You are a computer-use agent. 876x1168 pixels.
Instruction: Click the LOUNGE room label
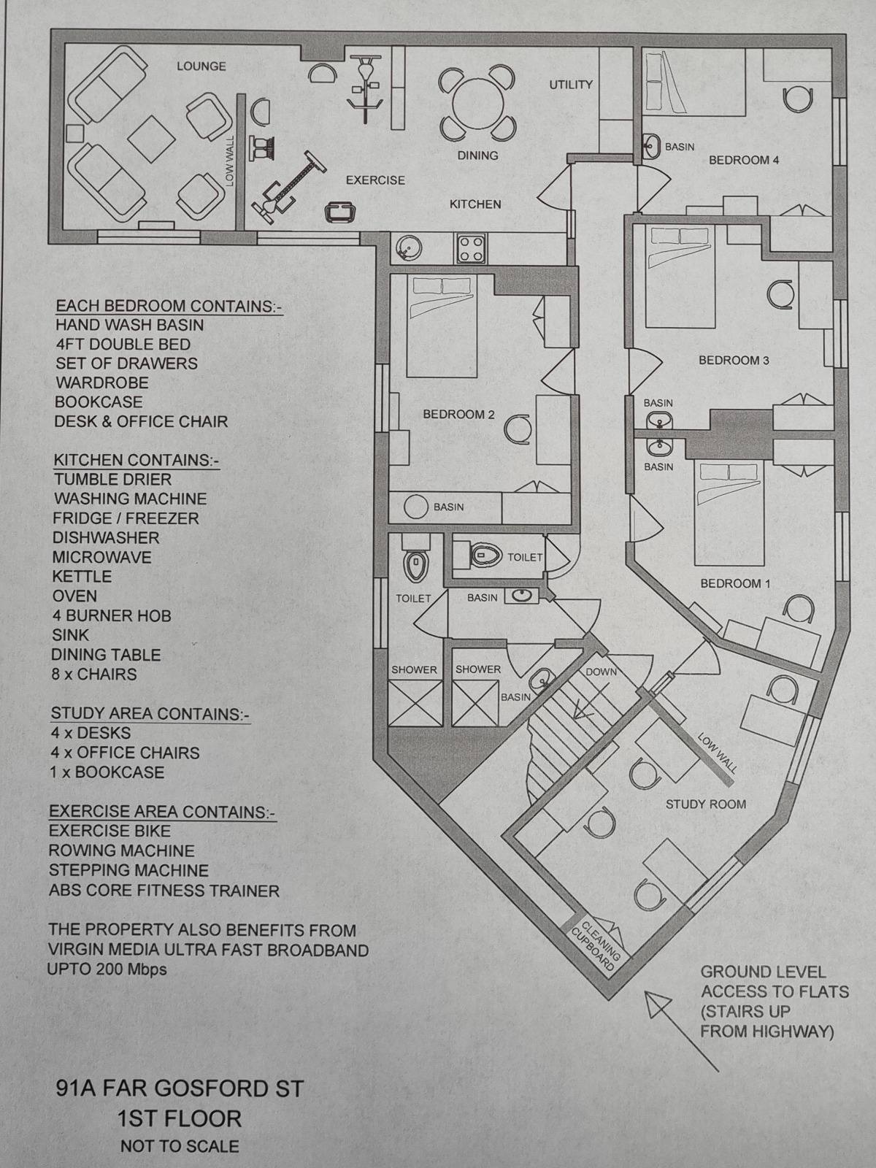click(201, 66)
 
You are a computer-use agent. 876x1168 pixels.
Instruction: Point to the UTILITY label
click(571, 85)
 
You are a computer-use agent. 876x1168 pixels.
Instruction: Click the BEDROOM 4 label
click(744, 160)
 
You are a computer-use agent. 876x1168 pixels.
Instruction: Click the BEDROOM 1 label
click(735, 583)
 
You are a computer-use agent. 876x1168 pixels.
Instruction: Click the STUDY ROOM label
click(705, 804)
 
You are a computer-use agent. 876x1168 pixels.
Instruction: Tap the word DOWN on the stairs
click(601, 672)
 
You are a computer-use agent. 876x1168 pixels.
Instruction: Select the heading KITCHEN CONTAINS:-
click(136, 460)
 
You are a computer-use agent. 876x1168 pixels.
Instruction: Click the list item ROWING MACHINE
click(121, 850)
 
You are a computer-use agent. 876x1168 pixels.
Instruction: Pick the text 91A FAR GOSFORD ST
click(180, 1089)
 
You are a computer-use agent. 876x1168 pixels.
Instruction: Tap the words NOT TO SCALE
click(180, 1146)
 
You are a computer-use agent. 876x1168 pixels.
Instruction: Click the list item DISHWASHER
click(105, 538)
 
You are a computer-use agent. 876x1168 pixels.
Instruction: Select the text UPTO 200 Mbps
click(107, 969)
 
